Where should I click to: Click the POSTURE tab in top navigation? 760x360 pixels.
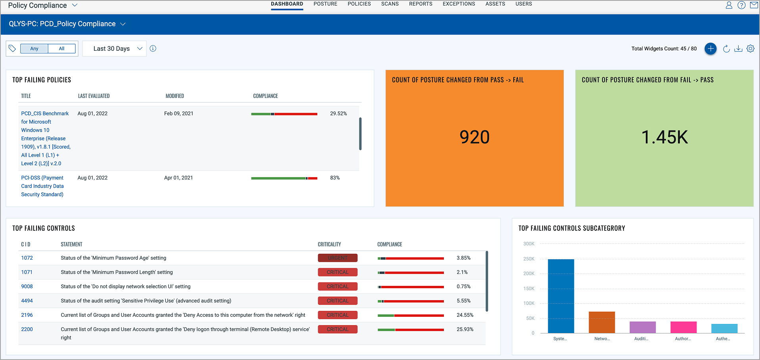(325, 4)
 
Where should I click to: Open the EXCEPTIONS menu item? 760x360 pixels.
(459, 4)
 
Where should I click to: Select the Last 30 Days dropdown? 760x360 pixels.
(114, 49)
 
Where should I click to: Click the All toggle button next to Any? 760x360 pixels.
(61, 49)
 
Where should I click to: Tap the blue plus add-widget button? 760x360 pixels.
(710, 49)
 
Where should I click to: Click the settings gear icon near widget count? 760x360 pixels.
(750, 49)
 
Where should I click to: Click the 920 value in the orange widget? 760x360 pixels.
(474, 137)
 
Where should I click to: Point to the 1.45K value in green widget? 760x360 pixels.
(664, 137)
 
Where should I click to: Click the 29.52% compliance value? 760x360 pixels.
(338, 113)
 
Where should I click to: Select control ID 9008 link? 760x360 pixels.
(27, 286)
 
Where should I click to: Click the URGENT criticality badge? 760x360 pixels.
(338, 258)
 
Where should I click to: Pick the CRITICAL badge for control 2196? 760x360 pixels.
(338, 315)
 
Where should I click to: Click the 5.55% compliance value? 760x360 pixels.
(463, 301)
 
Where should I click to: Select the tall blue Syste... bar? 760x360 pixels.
(561, 296)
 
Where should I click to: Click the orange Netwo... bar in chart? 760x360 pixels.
(602, 322)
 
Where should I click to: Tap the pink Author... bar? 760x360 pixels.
(683, 327)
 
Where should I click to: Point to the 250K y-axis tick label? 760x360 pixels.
(529, 259)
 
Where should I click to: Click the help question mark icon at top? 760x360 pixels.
(741, 5)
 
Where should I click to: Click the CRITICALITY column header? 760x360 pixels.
(329, 244)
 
